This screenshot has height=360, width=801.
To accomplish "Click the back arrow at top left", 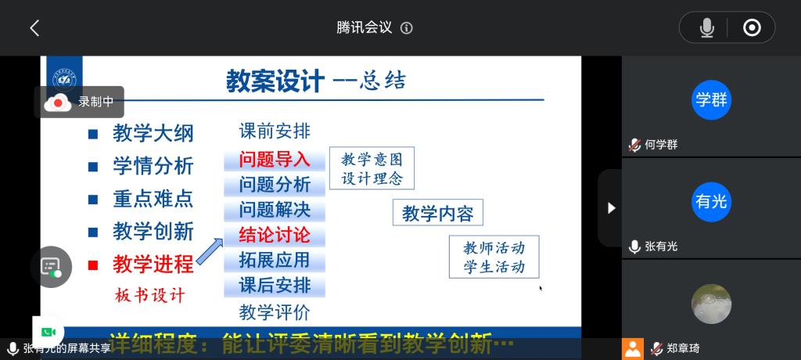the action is pos(34,28).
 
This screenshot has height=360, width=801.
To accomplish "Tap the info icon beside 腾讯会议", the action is pos(407,28).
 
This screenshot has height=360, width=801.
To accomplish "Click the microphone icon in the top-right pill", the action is pos(707,27).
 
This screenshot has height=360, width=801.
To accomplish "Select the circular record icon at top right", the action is pos(752,27).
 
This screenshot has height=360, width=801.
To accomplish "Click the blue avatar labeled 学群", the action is pos(711,100).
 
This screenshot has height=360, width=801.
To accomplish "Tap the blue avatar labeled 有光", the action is pos(711,201).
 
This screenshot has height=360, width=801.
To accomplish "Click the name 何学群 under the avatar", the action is pos(661,145).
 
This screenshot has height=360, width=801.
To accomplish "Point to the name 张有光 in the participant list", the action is pos(661,247).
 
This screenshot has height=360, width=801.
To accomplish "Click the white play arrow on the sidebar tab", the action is pos(611,208).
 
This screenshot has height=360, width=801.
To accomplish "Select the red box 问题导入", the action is pos(275,160).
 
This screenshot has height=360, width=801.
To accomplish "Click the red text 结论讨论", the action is pos(275,236).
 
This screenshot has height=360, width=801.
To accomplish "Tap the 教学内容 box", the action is pos(438,213).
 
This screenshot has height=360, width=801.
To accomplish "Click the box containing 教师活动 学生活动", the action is pos(494,257).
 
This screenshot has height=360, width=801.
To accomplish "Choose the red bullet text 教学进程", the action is pos(153,265).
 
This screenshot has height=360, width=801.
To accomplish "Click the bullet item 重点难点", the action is pos(153,199).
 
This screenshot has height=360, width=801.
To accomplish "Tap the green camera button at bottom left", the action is pos(48,332).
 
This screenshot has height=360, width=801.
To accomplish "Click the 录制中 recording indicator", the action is pos(80,103).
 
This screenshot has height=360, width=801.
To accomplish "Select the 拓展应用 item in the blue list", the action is pos(275,260).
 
